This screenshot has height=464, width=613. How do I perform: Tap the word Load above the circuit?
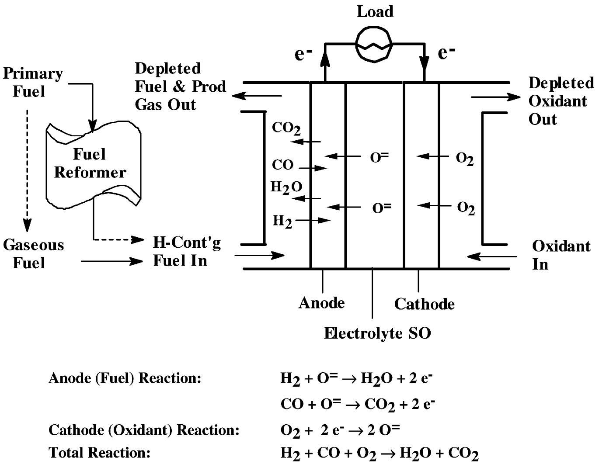click(375, 12)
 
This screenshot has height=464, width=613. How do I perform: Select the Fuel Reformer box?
click(93, 165)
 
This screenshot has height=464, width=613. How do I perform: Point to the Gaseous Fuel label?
click(33, 253)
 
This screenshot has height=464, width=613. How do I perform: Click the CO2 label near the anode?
click(286, 128)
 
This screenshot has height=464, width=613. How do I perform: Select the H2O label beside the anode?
click(286, 187)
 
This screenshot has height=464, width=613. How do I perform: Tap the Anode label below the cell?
click(321, 303)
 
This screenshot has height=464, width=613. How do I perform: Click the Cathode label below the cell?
click(424, 304)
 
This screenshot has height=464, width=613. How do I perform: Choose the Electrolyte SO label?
click(377, 333)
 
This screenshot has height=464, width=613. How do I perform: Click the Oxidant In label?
click(561, 255)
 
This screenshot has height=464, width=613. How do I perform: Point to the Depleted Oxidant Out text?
click(561, 101)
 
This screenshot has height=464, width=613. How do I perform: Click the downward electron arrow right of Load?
click(424, 63)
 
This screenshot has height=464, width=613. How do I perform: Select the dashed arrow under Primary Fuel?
click(27, 170)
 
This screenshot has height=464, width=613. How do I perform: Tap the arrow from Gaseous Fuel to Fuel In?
click(112, 261)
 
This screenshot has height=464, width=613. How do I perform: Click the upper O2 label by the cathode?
click(464, 158)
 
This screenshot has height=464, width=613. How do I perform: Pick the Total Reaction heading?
click(99, 452)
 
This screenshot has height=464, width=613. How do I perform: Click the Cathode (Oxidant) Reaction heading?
click(144, 430)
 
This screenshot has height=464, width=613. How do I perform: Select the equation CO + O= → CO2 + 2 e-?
click(357, 404)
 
